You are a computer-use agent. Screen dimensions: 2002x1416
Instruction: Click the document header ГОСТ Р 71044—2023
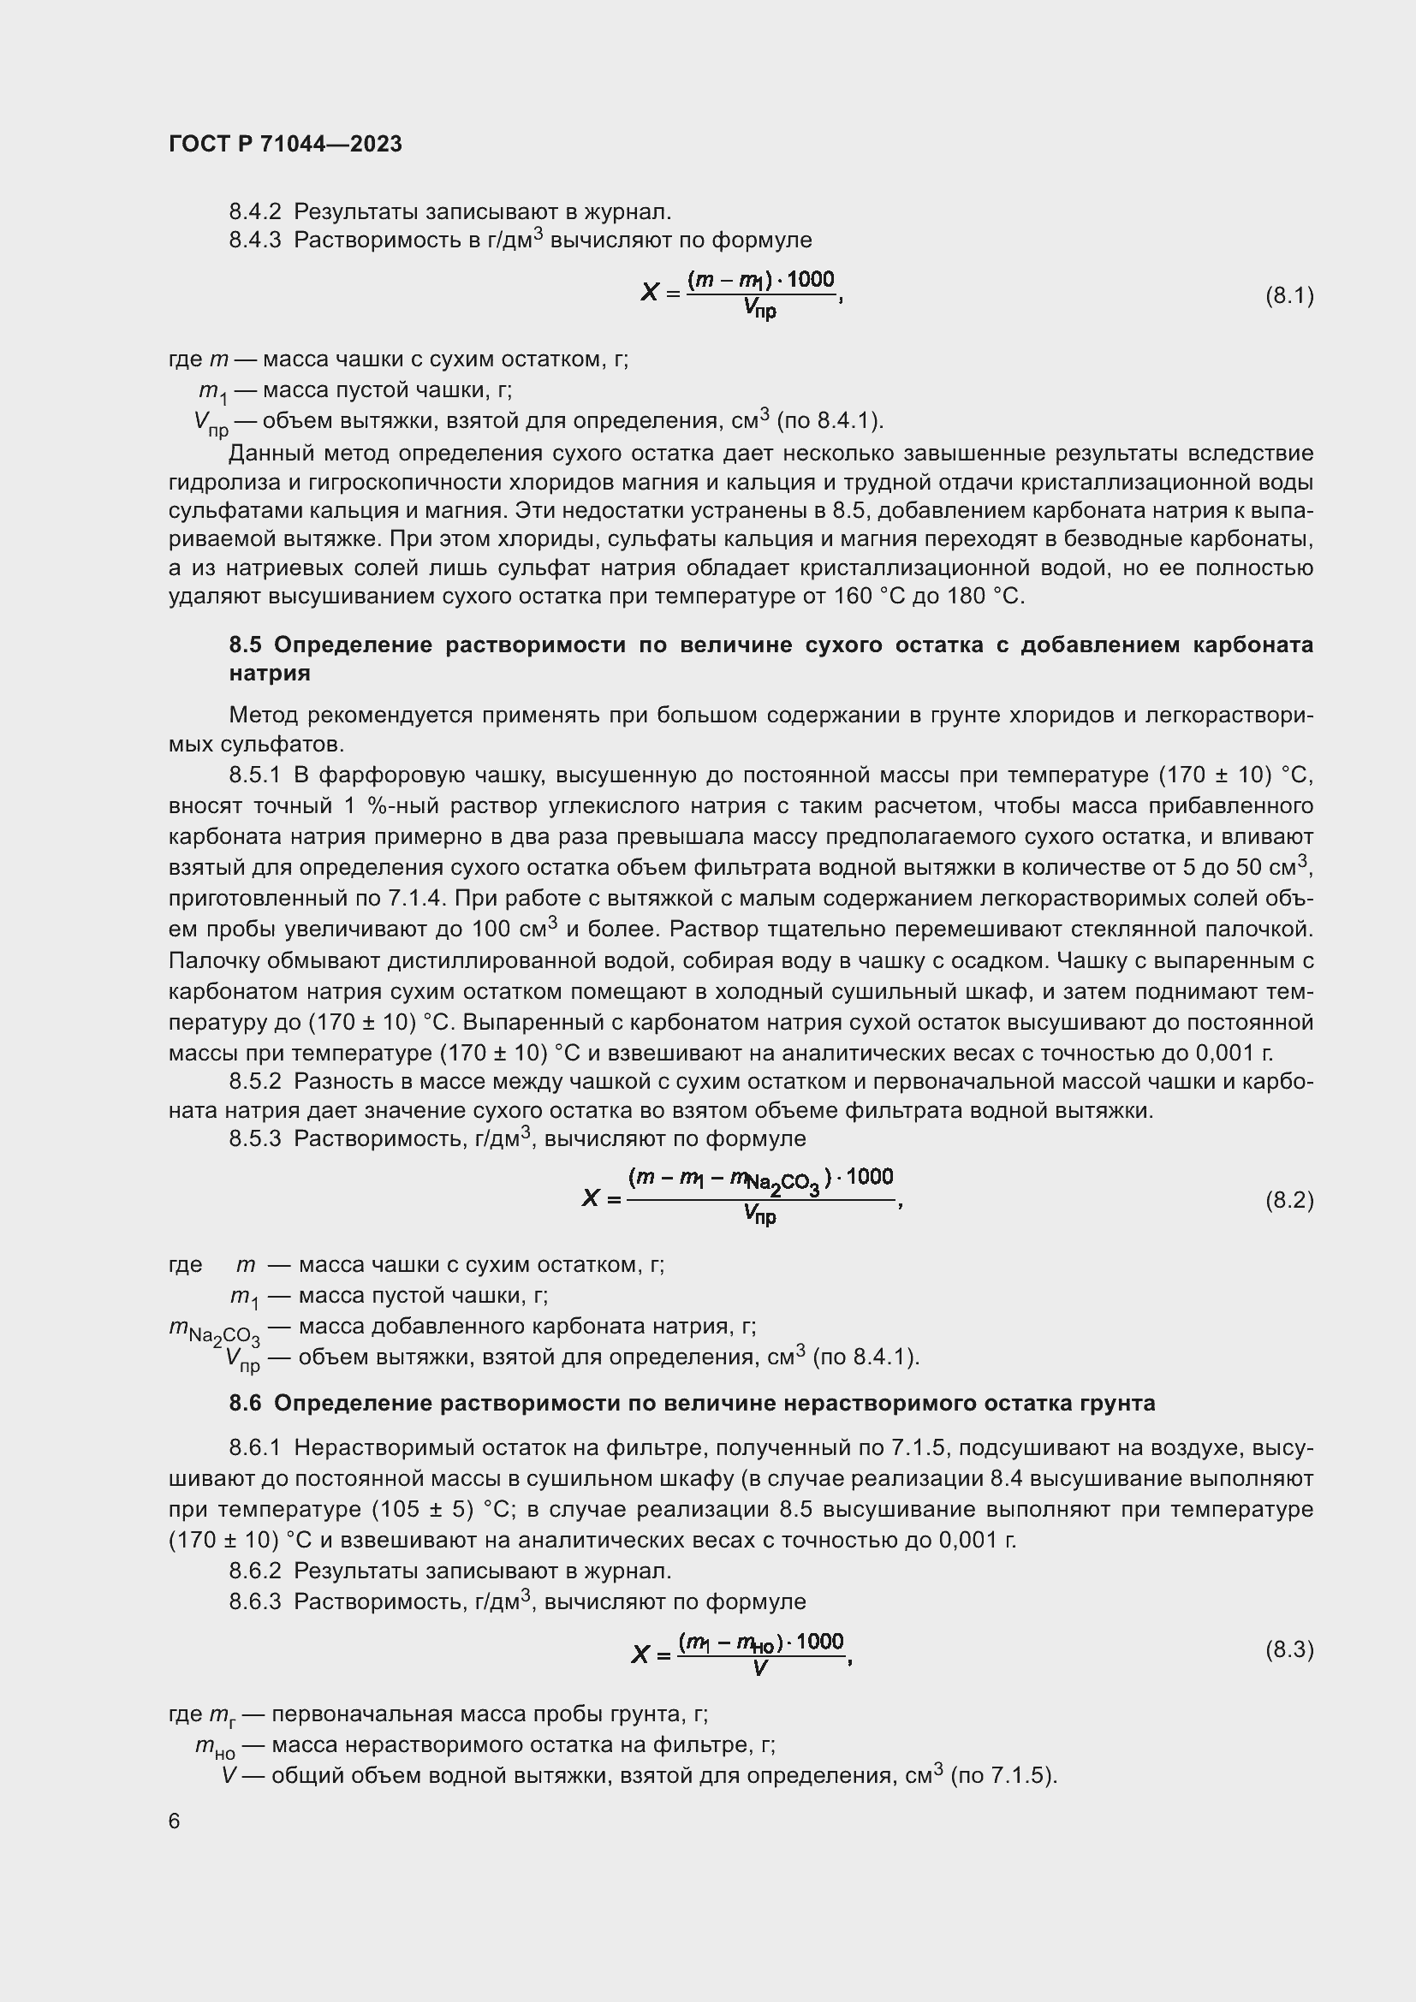click(x=285, y=144)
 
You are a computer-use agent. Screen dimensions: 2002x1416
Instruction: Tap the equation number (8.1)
click(x=1288, y=295)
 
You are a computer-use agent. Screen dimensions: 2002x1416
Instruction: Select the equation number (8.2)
click(x=1288, y=1201)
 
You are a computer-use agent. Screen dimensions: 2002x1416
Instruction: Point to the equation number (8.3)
click(x=1288, y=1649)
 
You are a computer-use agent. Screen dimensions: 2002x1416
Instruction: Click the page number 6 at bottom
click(x=175, y=1821)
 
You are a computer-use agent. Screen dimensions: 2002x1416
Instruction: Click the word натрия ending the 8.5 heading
click(x=270, y=673)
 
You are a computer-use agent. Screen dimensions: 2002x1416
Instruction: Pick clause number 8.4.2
click(x=254, y=212)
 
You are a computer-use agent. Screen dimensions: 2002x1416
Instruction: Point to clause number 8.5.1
click(x=254, y=775)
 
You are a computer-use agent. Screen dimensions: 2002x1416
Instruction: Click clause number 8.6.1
click(x=254, y=1448)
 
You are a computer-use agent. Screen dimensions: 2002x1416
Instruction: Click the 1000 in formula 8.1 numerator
click(x=811, y=279)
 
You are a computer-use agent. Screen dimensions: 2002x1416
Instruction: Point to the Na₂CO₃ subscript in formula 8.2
click(x=783, y=1184)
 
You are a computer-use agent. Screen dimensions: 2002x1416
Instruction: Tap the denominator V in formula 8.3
click(x=760, y=1669)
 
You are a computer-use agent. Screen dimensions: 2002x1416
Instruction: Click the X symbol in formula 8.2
click(x=592, y=1199)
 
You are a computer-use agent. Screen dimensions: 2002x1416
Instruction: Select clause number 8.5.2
click(x=254, y=1082)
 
